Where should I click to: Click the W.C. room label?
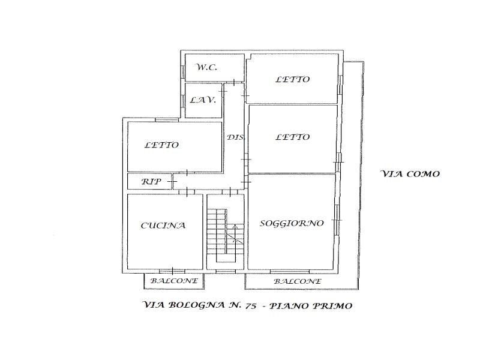tap(206, 67)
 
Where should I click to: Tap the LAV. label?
tap(203, 100)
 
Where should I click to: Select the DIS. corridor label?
tap(236, 137)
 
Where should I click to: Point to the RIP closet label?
tap(151, 182)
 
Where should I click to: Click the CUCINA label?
tap(163, 226)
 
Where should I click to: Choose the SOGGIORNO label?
tap(292, 223)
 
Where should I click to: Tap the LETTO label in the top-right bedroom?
tap(293, 79)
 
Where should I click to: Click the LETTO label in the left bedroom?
tap(161, 145)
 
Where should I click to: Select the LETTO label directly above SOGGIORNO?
tap(293, 137)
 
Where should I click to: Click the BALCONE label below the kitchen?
tap(174, 281)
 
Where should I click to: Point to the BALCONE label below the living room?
tap(298, 281)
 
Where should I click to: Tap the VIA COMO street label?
tap(410, 174)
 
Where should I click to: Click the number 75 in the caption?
tap(250, 306)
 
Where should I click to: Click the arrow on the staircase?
tap(235, 233)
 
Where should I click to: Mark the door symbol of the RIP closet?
tap(172, 182)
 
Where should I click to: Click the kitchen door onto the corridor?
tap(187, 191)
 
